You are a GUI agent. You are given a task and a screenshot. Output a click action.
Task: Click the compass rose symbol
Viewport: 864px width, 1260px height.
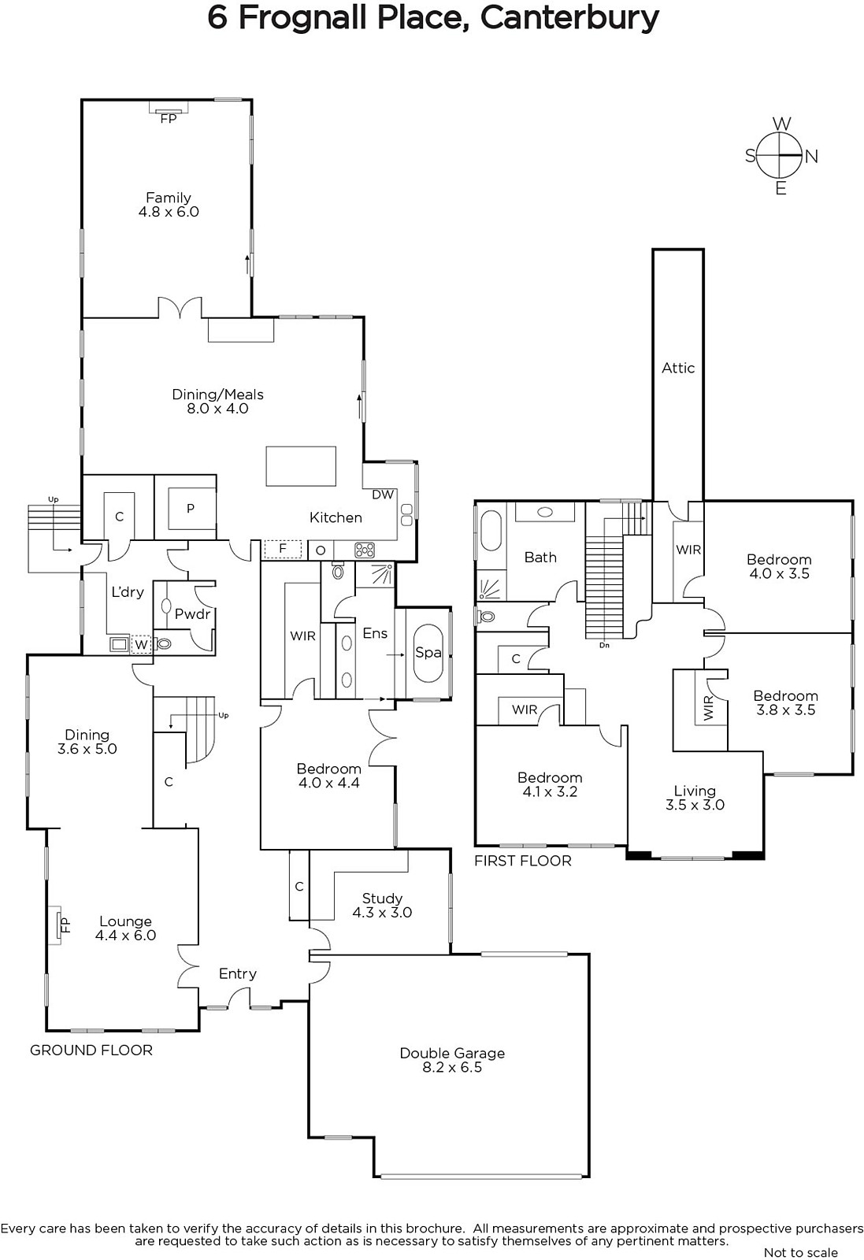[x=781, y=155]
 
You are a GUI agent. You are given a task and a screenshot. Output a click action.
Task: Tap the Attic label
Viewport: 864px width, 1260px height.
[x=678, y=368]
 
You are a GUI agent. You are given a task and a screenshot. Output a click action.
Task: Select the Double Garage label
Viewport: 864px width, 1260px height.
[x=452, y=1053]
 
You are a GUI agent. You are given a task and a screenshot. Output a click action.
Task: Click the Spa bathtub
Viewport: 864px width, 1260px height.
[x=428, y=653]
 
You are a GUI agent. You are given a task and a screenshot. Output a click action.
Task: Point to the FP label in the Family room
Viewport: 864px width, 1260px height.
[x=169, y=119]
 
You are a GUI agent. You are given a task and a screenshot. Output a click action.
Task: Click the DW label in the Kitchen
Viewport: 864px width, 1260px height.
[x=383, y=495]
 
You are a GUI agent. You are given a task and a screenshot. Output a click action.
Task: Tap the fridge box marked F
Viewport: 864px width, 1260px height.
[x=283, y=548]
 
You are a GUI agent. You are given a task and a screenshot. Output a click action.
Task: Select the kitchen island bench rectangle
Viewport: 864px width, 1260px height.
[x=301, y=466]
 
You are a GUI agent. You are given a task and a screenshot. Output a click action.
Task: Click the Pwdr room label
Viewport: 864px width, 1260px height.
[x=192, y=614]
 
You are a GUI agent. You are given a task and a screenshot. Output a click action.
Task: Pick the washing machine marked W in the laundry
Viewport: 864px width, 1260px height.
[x=141, y=644]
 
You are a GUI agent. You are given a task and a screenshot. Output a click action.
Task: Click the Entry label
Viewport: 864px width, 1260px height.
[x=237, y=974]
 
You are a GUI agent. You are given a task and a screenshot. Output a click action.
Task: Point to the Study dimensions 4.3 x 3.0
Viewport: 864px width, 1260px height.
[x=382, y=913]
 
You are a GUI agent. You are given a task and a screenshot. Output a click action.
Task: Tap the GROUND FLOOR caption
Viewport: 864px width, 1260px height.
[x=91, y=1051]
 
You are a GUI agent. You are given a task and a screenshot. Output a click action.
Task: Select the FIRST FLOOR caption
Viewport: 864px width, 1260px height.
[x=522, y=861]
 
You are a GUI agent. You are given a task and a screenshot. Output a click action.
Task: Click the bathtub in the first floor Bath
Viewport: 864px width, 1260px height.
[x=491, y=531]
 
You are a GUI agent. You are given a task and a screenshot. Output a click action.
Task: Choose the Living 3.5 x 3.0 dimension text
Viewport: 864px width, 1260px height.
[x=695, y=805]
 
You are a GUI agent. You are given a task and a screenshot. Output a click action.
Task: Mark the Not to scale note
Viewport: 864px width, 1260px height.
[x=800, y=1253]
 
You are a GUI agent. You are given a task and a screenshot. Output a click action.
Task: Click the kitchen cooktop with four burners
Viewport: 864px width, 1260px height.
[x=365, y=550]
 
